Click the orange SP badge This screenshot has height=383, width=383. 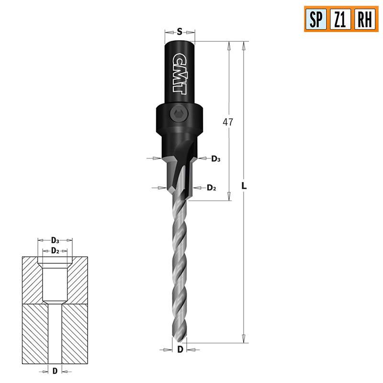(316, 19)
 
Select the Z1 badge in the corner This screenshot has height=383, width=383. (340, 19)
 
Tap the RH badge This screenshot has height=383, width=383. (365, 19)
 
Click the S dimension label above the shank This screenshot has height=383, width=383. (179, 32)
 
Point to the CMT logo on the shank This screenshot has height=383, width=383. (180, 72)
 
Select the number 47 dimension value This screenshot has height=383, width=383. (228, 122)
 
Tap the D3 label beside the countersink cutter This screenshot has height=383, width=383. (216, 158)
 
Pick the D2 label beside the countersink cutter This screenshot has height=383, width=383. (212, 188)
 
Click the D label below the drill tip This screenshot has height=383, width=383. (180, 349)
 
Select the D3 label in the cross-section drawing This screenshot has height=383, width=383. (55, 240)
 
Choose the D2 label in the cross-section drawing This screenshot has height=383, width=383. (55, 250)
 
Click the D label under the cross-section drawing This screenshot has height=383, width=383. (55, 371)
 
